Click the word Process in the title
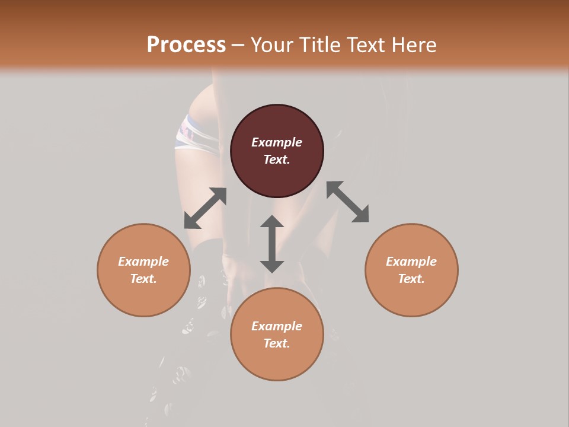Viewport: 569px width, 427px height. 186,45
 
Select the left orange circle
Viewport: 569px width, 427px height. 143,297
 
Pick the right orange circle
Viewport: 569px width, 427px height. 411,297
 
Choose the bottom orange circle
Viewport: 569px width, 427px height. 277,362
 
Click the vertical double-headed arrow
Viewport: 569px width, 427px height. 272,244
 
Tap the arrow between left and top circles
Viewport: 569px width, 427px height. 205,208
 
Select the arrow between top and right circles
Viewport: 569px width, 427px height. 347,202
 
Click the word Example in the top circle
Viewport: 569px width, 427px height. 277,142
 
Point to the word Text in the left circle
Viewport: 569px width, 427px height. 143,279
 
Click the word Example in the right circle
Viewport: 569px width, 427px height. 411,262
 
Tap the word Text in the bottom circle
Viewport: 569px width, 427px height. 277,343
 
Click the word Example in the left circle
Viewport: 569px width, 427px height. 143,262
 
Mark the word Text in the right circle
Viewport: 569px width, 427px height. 411,279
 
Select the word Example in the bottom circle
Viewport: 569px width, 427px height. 277,326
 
